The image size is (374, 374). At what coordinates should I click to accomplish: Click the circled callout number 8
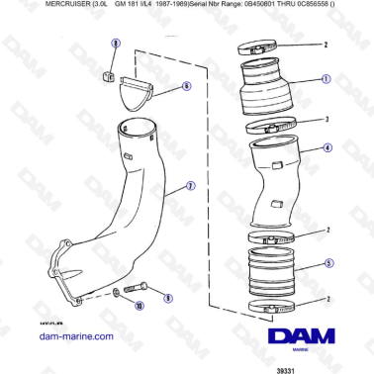[x=115, y=45]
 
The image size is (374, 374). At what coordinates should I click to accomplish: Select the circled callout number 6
[x=185, y=86]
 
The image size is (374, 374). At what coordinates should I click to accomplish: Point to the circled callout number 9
[x=167, y=298]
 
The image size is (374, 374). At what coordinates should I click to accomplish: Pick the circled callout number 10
[x=139, y=308]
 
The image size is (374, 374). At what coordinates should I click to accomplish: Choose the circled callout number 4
[x=327, y=147]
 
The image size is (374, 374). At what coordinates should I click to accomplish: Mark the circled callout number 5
[x=330, y=266]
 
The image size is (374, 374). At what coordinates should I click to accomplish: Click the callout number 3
[x=326, y=119]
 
